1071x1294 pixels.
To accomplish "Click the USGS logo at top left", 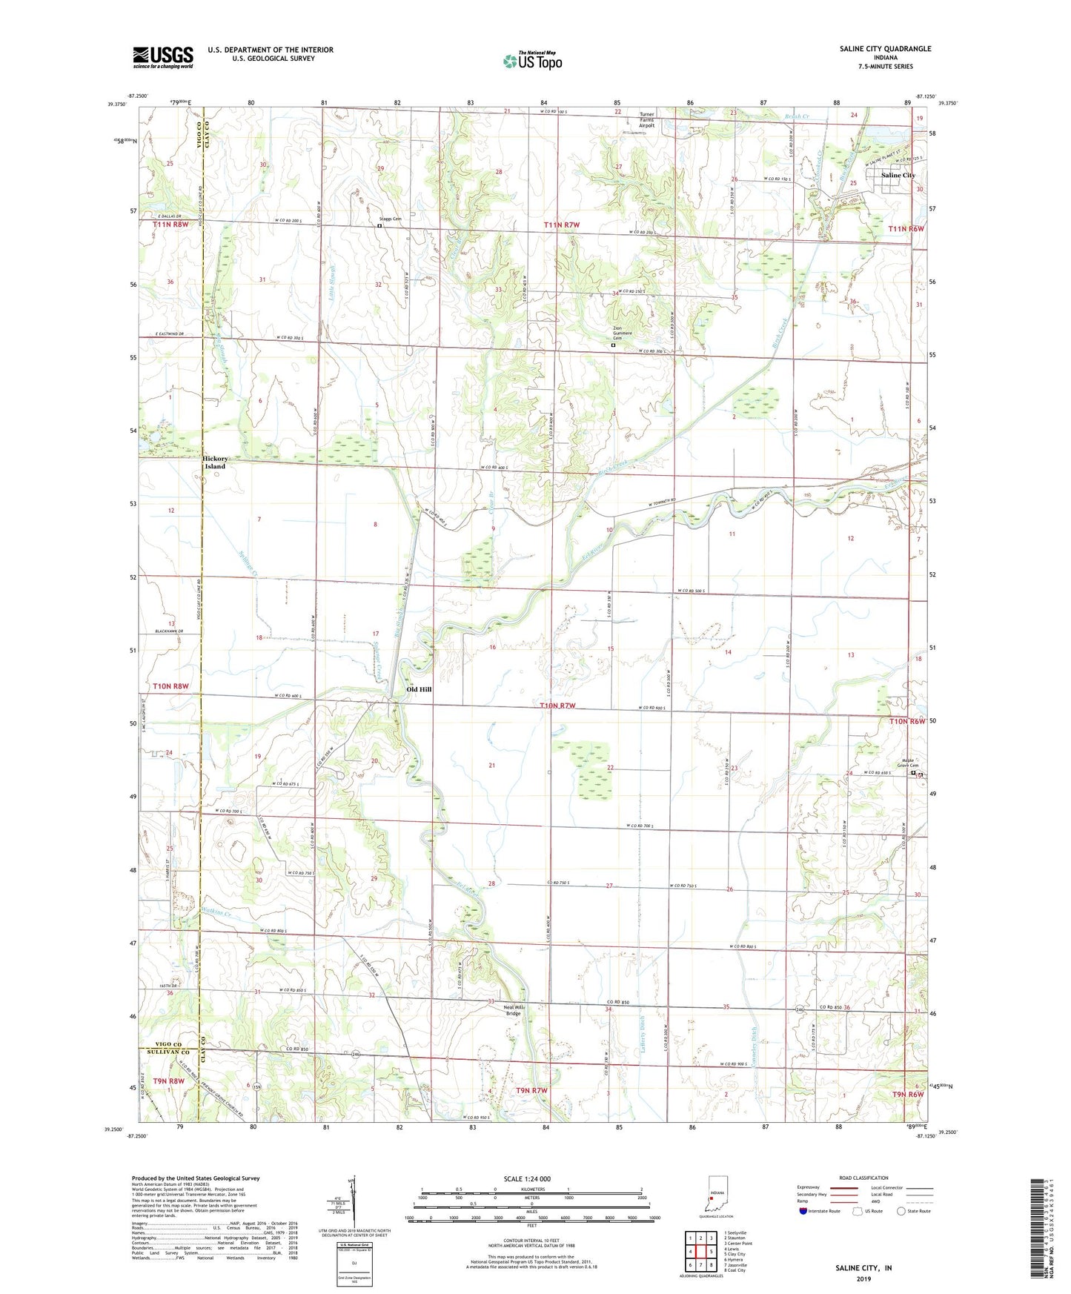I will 163,57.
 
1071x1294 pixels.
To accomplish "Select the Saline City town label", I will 898,176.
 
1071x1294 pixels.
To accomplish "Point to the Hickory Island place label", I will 215,462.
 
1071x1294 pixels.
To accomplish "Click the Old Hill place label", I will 419,689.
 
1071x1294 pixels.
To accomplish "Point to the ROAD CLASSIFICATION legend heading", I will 863,1178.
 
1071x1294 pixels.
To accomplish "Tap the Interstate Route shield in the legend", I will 804,1211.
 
